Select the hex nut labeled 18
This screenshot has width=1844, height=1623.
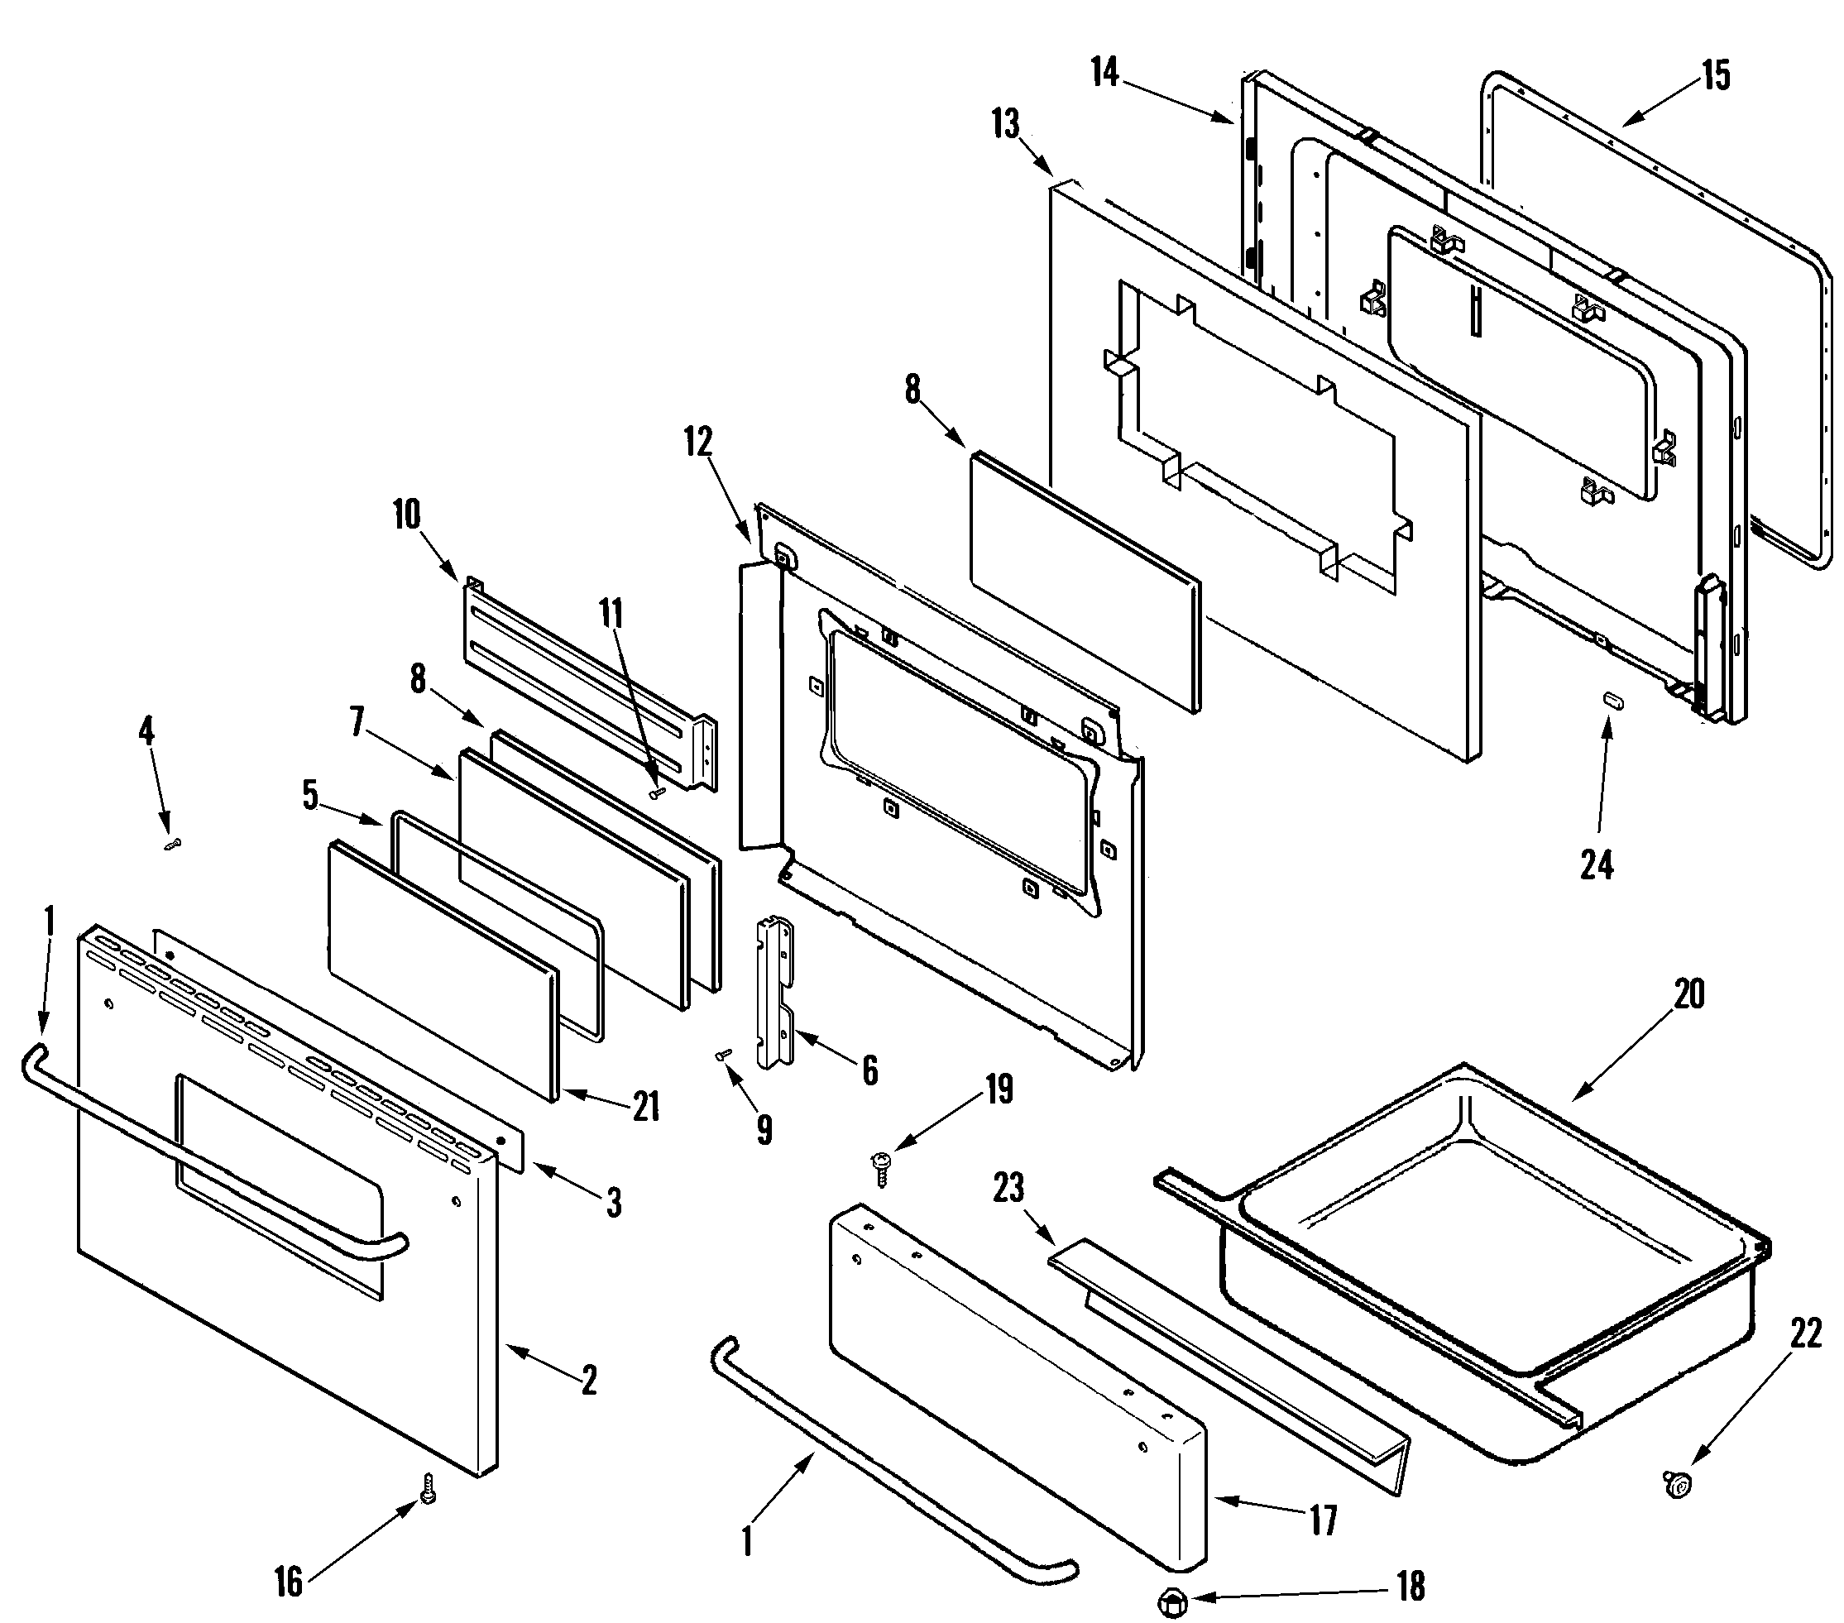[1171, 1603]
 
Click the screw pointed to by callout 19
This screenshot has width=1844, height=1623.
[881, 1168]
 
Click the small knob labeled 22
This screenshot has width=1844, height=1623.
[1676, 1482]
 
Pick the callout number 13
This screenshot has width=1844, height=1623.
[1006, 123]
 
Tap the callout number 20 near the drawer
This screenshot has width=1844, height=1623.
[1688, 994]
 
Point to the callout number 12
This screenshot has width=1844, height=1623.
[697, 442]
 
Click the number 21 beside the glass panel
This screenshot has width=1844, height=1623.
[645, 1107]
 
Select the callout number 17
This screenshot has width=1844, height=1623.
[1323, 1521]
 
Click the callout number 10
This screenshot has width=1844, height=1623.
[406, 515]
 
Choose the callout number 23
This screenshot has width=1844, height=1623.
[1008, 1187]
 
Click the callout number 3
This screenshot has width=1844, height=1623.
[614, 1203]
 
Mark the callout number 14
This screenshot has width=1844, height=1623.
[1104, 71]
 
